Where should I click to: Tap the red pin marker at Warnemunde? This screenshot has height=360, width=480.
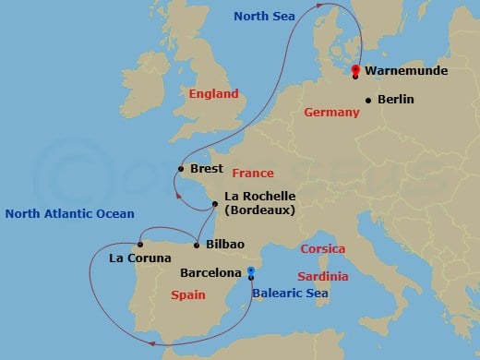(x=355, y=67)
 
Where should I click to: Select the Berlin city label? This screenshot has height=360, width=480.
(x=396, y=100)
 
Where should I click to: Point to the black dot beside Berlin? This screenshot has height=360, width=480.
(x=368, y=100)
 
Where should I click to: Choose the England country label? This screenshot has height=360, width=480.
(x=213, y=93)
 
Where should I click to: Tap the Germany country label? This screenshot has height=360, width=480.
(x=330, y=112)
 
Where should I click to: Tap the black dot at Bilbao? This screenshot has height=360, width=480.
(x=198, y=245)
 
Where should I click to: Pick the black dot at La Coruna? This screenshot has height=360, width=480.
(x=139, y=245)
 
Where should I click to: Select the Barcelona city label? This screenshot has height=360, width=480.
(x=210, y=273)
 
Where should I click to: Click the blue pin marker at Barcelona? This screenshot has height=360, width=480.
(x=251, y=272)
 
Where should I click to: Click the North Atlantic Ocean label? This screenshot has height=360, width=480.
(x=69, y=214)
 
